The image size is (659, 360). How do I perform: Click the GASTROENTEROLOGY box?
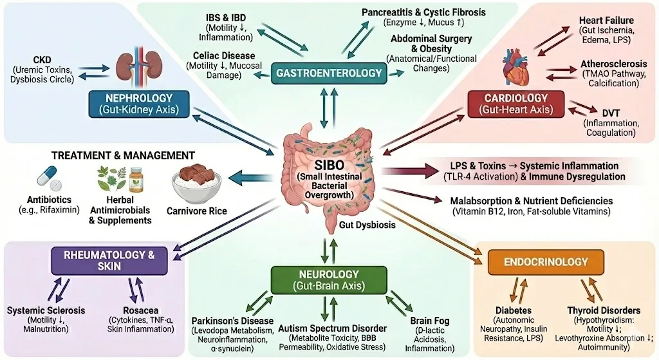pyautogui.click(x=329, y=73)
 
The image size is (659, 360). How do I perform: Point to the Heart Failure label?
pyautogui.click(x=606, y=21)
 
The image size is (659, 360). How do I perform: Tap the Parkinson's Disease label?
pyautogui.click(x=233, y=321)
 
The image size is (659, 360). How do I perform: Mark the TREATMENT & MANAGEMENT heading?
pyautogui.click(x=123, y=155)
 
